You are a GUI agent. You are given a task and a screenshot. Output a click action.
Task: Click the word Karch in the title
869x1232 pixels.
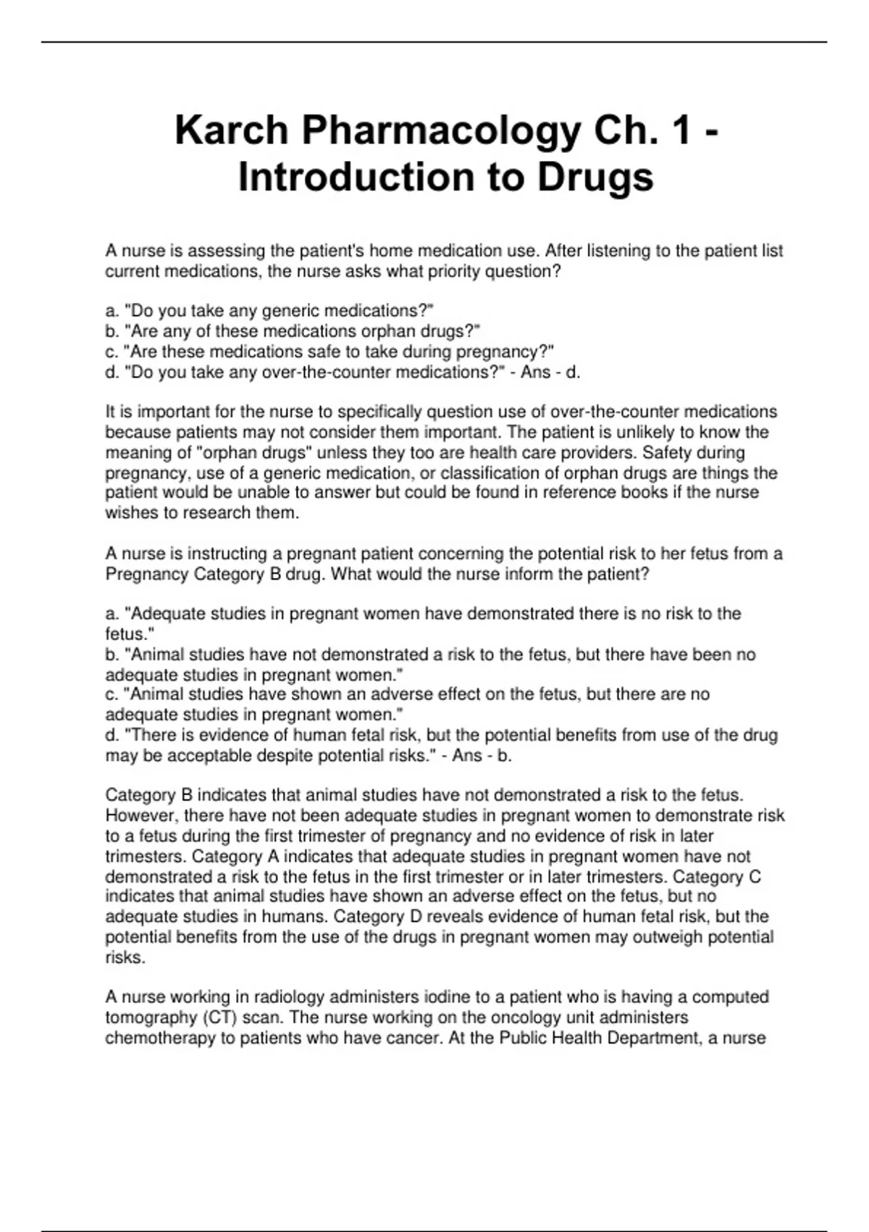click(x=231, y=131)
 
